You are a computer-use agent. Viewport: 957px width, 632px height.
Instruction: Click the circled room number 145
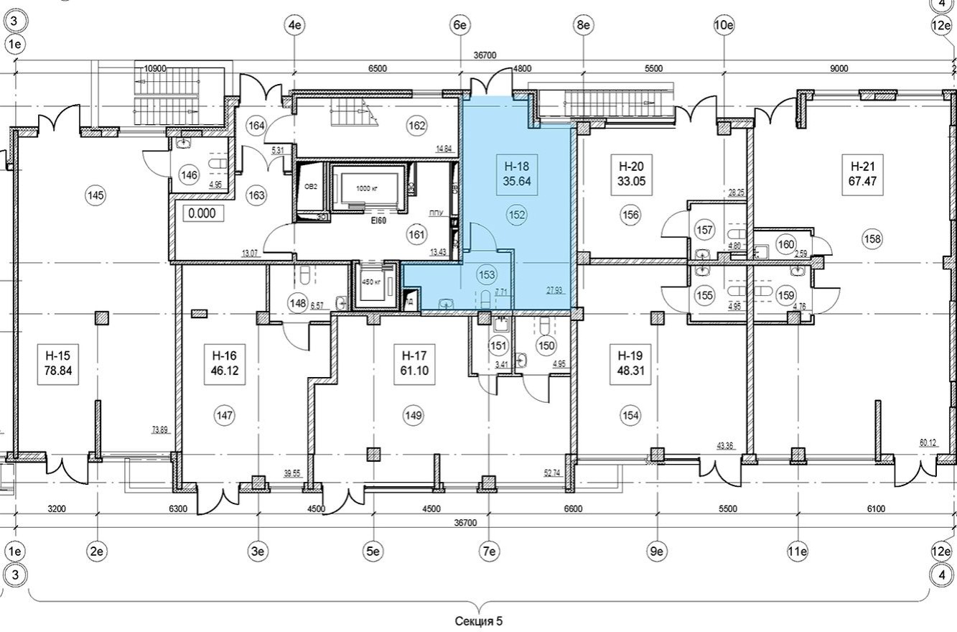pyautogui.click(x=95, y=195)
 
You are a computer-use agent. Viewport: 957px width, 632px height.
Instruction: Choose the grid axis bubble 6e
pyautogui.click(x=459, y=25)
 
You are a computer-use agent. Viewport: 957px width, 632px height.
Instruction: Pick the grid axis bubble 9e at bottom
pyautogui.click(x=655, y=552)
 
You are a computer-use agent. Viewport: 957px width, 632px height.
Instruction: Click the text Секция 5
pyautogui.click(x=479, y=621)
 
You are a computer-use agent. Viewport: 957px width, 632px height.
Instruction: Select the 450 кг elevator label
pyautogui.click(x=370, y=282)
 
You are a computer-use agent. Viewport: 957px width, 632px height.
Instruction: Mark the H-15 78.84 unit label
pyautogui.click(x=60, y=363)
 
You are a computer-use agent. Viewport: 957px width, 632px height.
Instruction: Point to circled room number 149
pyautogui.click(x=413, y=415)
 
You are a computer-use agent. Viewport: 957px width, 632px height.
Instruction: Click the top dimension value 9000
pyautogui.click(x=839, y=69)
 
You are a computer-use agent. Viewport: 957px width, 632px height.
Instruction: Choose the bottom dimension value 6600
pyautogui.click(x=573, y=509)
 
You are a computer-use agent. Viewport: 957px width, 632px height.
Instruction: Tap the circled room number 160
pyautogui.click(x=786, y=245)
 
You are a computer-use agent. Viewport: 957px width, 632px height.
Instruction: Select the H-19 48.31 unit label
pyautogui.click(x=630, y=363)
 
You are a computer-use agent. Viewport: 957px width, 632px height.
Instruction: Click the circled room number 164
pyautogui.click(x=256, y=126)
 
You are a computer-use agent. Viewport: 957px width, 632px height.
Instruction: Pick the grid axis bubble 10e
pyautogui.click(x=724, y=25)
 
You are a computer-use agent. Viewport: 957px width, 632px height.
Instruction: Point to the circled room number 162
pyautogui.click(x=417, y=126)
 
